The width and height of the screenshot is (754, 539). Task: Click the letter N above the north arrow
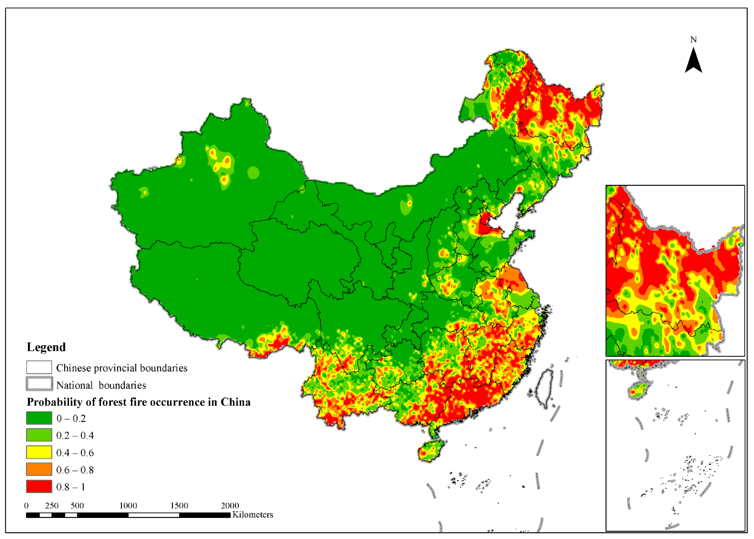tap(693, 40)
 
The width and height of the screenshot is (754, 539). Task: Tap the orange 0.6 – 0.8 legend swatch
tap(39, 469)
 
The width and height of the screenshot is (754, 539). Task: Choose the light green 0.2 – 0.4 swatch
tap(39, 435)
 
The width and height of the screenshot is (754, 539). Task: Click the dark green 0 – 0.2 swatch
tap(39, 418)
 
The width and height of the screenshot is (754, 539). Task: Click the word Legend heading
tap(46, 347)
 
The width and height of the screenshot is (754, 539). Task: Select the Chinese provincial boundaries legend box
tap(39, 367)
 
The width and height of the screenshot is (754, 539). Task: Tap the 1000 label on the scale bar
tap(128, 506)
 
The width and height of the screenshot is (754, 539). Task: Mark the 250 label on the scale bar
tap(52, 506)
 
